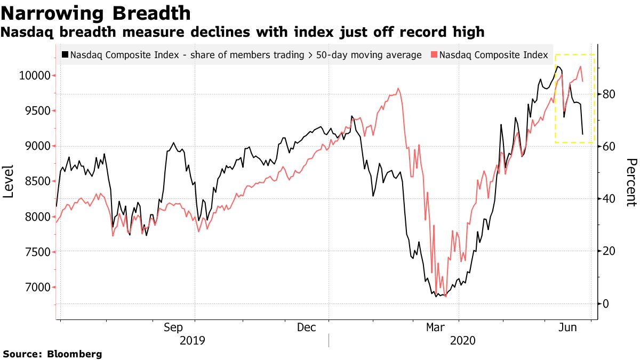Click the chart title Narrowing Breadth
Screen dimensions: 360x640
pyautogui.click(x=97, y=12)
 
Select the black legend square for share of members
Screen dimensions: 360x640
pyautogui.click(x=65, y=54)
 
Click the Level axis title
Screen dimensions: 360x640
pyautogui.click(x=9, y=181)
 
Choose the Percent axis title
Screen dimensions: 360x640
pyautogui.click(x=631, y=182)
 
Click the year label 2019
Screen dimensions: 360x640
pyautogui.click(x=193, y=340)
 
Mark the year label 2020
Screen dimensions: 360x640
pyautogui.click(x=462, y=340)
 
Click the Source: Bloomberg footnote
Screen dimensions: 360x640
pyautogui.click(x=52, y=354)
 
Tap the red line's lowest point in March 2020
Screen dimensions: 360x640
pyautogui.click(x=445, y=297)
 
